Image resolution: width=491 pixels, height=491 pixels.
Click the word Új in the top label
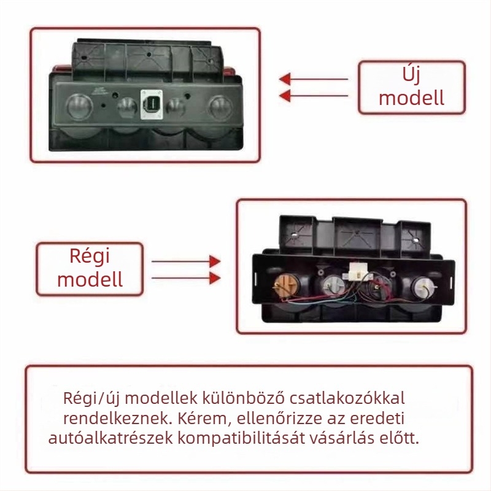pos(411,74)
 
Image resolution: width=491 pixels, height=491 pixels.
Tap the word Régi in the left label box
pos(90,256)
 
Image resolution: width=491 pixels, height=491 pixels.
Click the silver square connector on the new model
pos(152,105)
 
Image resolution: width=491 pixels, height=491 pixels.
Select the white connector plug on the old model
pos(358,271)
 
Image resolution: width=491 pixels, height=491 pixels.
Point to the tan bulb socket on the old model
pos(286,285)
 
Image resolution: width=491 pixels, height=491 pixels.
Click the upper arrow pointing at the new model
pos(313,79)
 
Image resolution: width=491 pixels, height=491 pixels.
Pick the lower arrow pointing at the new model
pos(313,96)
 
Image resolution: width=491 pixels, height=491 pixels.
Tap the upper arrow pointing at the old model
pos(186,261)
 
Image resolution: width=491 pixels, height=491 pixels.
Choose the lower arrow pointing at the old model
pos(186,278)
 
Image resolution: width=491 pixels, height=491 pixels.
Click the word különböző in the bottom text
pos(243,398)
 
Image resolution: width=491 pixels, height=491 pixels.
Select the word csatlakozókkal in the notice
pos(347,398)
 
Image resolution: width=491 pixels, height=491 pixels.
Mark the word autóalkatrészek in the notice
pos(110,438)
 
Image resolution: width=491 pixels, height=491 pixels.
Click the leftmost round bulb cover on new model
pos(79,106)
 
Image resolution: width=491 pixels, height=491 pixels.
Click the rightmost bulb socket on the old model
pos(423,286)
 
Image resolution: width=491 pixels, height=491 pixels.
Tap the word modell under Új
pos(411,98)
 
